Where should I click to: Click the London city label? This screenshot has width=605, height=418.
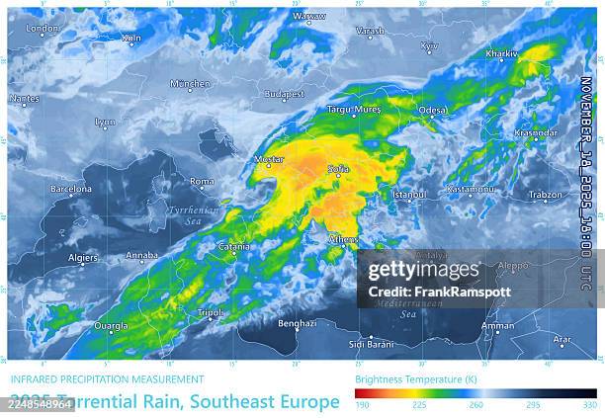coord(43,29)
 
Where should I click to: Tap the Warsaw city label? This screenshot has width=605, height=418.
coord(309,17)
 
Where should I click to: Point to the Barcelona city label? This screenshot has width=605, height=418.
coord(71,189)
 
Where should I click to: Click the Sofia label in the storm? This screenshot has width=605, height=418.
coord(338,169)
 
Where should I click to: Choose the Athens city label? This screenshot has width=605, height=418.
coord(343,238)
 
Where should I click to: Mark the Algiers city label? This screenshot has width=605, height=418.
coord(82,257)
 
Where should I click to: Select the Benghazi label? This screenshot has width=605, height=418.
coord(297,323)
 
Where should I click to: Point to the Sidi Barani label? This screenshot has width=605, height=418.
coord(371,344)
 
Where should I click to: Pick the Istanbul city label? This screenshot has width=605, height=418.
coord(409,195)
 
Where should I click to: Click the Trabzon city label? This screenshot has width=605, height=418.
coord(545,195)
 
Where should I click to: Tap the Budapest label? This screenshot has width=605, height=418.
coord(285,94)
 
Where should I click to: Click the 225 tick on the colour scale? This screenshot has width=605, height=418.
coord(420,404)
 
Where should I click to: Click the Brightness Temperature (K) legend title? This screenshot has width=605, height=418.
coord(409,378)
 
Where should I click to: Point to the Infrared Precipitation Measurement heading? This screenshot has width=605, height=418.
coord(107,378)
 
